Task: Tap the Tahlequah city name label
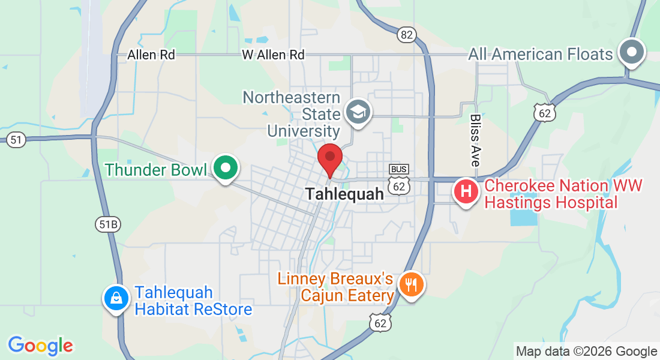(344, 194)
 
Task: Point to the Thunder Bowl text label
(156, 170)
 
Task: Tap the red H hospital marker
(466, 193)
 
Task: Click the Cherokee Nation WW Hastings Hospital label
(563, 194)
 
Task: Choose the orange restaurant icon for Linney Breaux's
(411, 284)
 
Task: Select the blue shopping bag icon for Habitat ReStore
(115, 298)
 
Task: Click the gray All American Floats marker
(631, 52)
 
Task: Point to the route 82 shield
(406, 35)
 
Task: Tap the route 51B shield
(108, 224)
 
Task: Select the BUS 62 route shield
(399, 181)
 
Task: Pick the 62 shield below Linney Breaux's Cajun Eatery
(380, 323)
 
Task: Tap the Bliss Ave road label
(475, 140)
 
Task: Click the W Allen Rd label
(273, 55)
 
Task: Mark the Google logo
(40, 345)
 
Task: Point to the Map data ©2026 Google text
(587, 352)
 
